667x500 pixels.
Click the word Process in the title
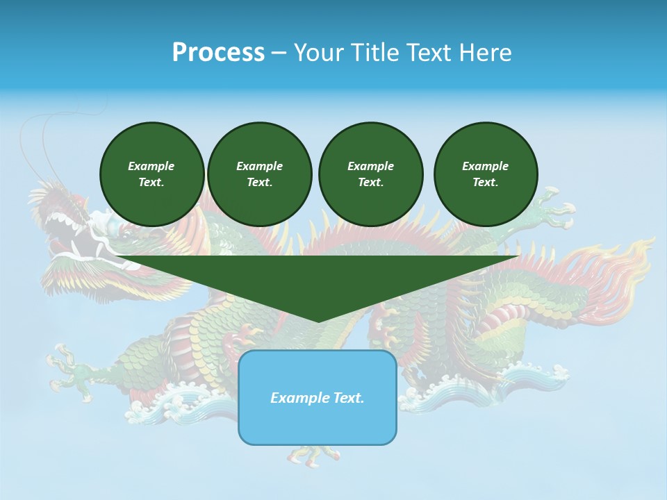(x=218, y=53)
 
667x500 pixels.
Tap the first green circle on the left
(x=151, y=174)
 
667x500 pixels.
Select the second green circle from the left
(x=259, y=174)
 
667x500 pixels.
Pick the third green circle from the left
(x=370, y=174)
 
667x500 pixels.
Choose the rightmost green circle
(x=486, y=174)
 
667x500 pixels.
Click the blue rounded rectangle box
(x=318, y=417)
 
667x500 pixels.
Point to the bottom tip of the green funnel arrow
(x=318, y=320)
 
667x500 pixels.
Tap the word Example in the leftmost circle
(x=151, y=166)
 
